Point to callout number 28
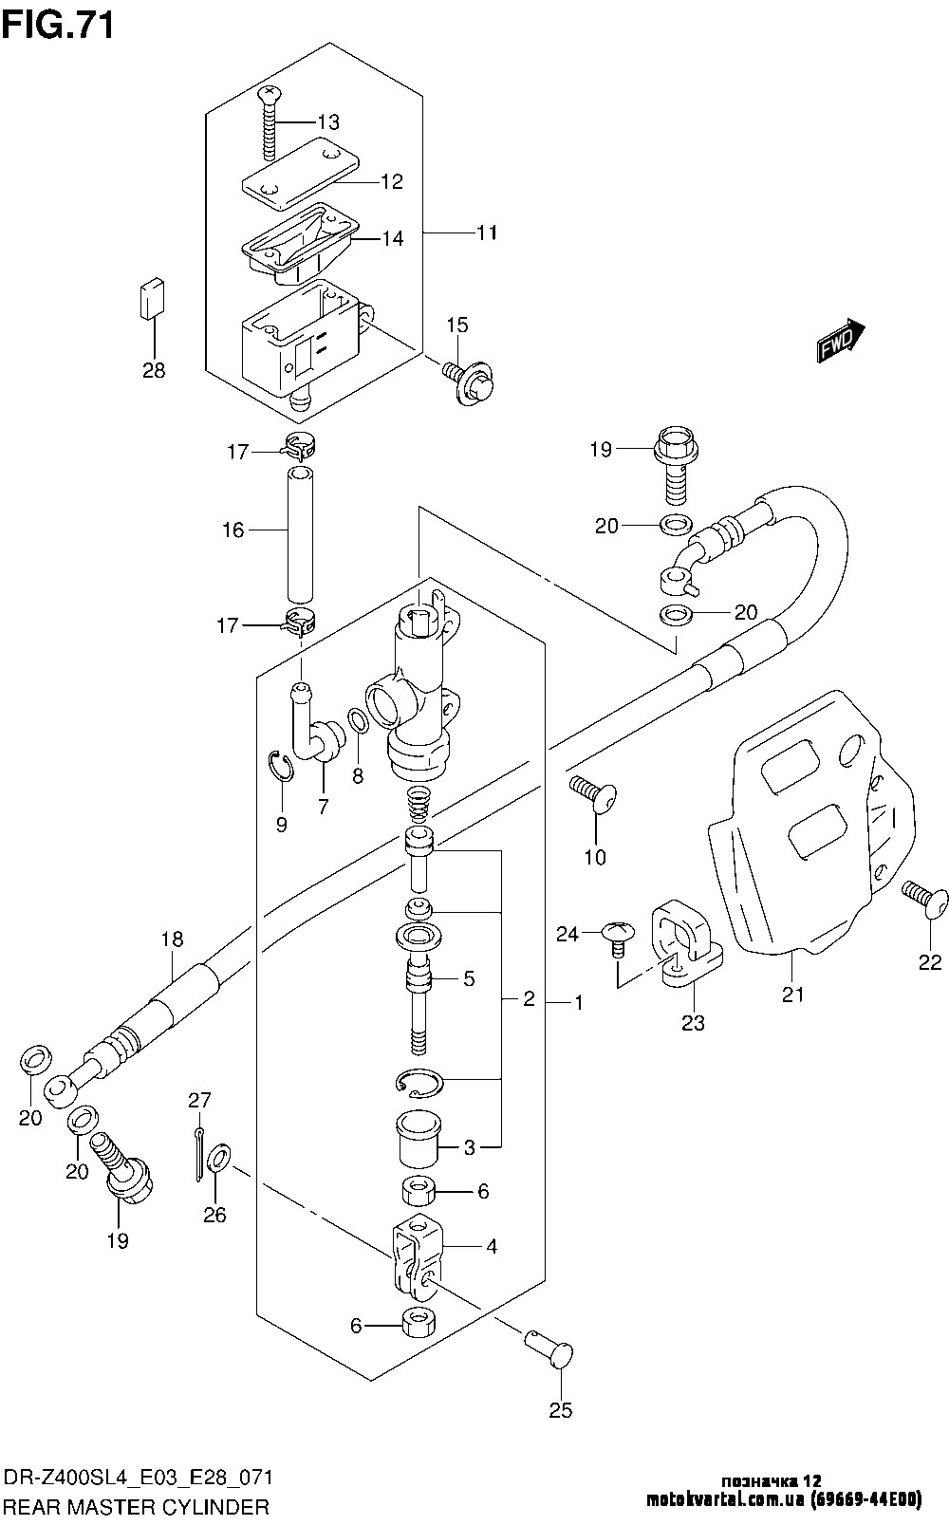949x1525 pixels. (x=154, y=371)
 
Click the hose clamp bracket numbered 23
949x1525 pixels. (x=689, y=945)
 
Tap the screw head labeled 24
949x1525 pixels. (x=615, y=935)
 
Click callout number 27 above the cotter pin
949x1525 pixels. (x=198, y=1101)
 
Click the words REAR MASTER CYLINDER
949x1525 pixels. (x=138, y=1507)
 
